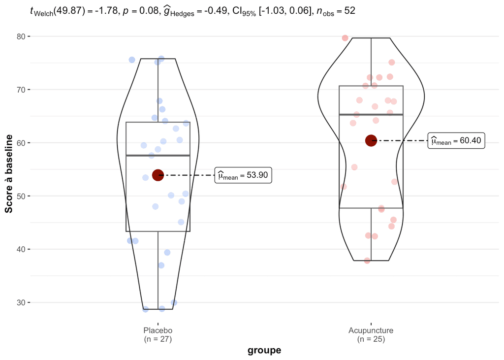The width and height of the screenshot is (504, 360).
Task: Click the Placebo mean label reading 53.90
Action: point(243,175)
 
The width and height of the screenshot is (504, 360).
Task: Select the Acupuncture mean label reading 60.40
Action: point(456,140)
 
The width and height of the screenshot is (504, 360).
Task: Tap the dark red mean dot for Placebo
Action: point(158,175)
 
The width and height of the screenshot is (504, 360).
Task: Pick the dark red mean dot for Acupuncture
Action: point(371,140)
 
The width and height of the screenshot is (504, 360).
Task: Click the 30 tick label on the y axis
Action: point(21,302)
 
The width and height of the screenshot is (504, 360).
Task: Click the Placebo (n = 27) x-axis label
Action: point(158,334)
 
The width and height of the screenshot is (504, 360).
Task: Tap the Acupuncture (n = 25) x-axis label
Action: point(371,334)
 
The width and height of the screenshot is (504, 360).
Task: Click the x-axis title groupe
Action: point(264,350)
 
